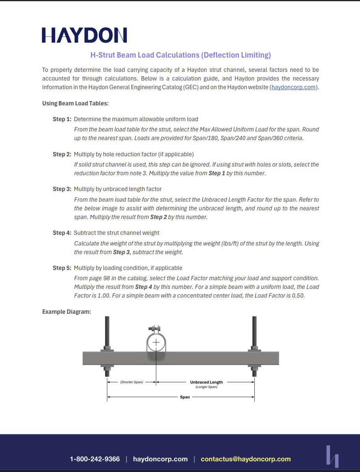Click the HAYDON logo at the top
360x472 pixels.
84,35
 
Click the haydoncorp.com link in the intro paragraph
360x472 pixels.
294,87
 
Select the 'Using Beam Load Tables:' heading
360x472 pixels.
75,103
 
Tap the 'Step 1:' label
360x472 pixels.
62,119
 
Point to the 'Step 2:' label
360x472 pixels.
62,154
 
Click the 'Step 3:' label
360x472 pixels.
62,189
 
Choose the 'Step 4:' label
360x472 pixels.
62,233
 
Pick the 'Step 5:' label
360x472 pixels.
62,268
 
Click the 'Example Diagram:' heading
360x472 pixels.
67,312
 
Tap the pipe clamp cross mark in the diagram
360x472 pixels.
157,342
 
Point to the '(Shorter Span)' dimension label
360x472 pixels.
132,382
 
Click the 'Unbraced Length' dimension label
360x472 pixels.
206,382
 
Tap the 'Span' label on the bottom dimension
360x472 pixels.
185,397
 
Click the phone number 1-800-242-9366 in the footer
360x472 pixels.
95,459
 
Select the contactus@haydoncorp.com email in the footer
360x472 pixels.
246,459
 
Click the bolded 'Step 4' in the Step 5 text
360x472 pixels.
144,287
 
